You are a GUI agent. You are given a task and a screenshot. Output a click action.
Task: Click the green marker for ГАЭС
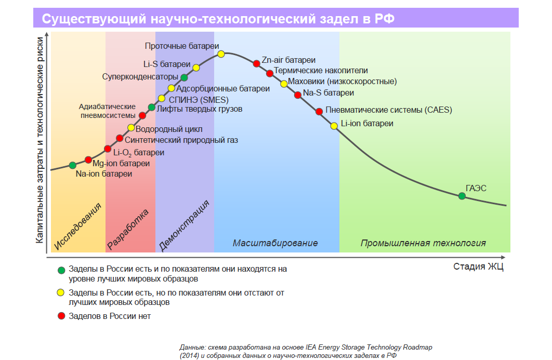462,196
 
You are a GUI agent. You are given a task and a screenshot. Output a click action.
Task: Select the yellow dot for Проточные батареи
221,54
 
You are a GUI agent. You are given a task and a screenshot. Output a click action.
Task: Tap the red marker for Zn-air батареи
256,63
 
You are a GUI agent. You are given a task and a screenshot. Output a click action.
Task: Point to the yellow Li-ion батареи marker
334,125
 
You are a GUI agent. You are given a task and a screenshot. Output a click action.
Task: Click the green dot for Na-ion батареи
72,165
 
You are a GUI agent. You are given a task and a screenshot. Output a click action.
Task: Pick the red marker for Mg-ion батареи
88,159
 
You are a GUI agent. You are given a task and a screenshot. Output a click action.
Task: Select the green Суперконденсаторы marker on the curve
184,77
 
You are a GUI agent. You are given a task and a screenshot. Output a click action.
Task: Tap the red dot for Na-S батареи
297,95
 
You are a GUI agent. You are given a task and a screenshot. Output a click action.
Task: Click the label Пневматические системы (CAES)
389,110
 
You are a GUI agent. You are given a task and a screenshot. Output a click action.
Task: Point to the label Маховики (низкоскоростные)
342,82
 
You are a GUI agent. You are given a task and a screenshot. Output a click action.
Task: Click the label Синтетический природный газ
181,140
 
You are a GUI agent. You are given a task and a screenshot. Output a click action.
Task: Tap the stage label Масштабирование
275,243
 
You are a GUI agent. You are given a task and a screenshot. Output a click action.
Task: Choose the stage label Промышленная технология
423,243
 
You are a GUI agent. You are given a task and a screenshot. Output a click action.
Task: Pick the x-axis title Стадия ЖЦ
478,267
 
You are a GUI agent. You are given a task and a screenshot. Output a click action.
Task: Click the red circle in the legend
61,316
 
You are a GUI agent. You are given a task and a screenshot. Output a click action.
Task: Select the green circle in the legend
61,270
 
